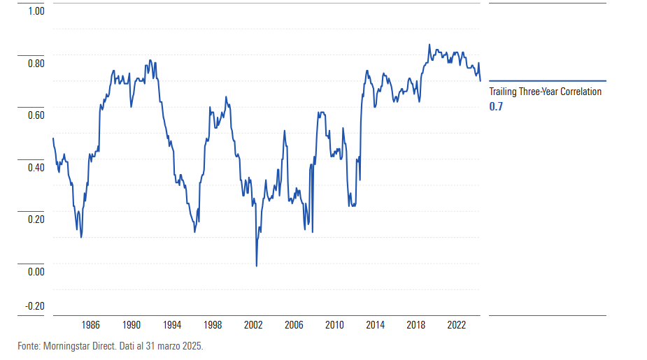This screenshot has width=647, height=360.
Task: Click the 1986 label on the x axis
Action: (90, 325)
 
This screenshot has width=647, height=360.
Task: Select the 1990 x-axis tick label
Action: (131, 325)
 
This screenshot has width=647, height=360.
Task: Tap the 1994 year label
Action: (172, 325)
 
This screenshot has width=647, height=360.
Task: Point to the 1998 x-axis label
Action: (213, 325)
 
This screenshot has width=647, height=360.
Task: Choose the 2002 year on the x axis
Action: (253, 325)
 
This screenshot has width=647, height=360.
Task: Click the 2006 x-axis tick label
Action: (294, 325)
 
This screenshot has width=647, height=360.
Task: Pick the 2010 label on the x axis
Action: (335, 325)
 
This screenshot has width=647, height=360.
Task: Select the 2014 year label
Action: (376, 325)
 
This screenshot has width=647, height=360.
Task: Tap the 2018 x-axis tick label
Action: (416, 325)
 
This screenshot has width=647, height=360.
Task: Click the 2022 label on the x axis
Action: (457, 325)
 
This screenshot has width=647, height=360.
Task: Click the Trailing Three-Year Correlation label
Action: (545, 92)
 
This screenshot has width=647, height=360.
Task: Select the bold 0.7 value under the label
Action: (495, 106)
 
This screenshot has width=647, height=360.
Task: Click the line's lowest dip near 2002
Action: (257, 266)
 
